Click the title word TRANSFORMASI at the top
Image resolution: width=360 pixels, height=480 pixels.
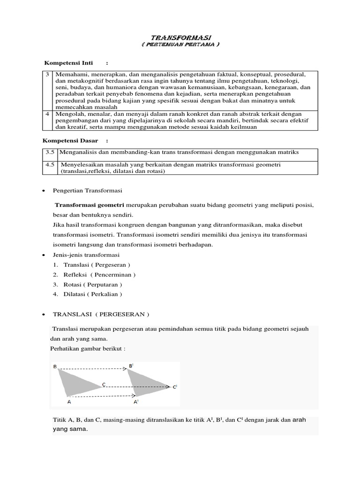click(180, 37)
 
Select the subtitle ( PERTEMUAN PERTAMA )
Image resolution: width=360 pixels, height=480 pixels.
click(180, 44)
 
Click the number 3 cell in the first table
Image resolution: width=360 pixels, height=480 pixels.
click(47, 75)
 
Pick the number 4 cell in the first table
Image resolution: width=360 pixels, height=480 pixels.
click(47, 114)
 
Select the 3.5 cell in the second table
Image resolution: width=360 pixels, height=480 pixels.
click(50, 152)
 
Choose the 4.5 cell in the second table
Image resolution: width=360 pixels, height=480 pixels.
click(50, 165)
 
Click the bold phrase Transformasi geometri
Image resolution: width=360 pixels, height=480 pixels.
click(90, 205)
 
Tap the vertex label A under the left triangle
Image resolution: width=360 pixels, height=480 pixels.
click(69, 402)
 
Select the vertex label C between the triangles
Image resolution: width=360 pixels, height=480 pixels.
click(104, 384)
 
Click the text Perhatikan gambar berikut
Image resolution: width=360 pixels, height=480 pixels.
click(88, 349)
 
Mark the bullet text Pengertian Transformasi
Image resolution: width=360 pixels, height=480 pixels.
click(87, 190)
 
